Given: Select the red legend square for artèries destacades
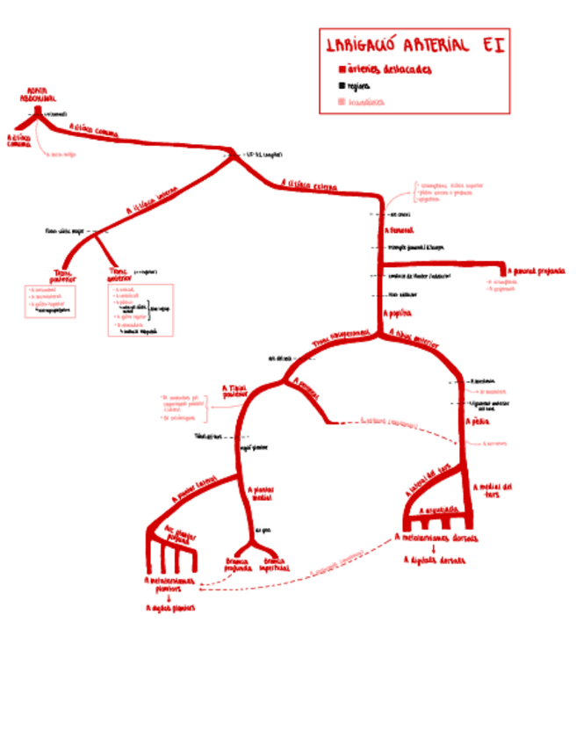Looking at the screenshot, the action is point(342,69).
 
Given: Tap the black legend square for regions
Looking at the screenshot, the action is point(342,86).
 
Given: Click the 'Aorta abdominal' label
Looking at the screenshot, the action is point(37,95).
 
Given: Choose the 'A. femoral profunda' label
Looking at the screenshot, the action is point(538,271).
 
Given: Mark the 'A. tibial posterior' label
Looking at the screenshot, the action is point(234,391).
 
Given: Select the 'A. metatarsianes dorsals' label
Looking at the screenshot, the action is point(436,538).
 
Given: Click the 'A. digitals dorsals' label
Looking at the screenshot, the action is point(435,560).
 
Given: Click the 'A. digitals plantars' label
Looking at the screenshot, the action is point(170,607).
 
